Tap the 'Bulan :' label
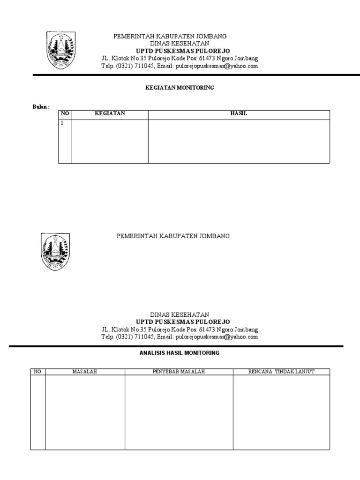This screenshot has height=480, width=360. [41, 107]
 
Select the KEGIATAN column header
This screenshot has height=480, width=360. [110, 114]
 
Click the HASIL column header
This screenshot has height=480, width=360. [239, 114]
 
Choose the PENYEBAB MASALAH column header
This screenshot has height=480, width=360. [179, 372]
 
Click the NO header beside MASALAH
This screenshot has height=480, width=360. [37, 372]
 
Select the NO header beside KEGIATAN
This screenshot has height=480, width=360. [65, 114]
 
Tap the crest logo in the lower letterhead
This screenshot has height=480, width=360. [56, 252]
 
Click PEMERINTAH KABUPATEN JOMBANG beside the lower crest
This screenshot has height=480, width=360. [173, 236]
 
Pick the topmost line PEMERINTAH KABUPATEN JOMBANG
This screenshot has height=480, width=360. [171, 36]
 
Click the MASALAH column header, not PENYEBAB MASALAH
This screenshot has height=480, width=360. [84, 372]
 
